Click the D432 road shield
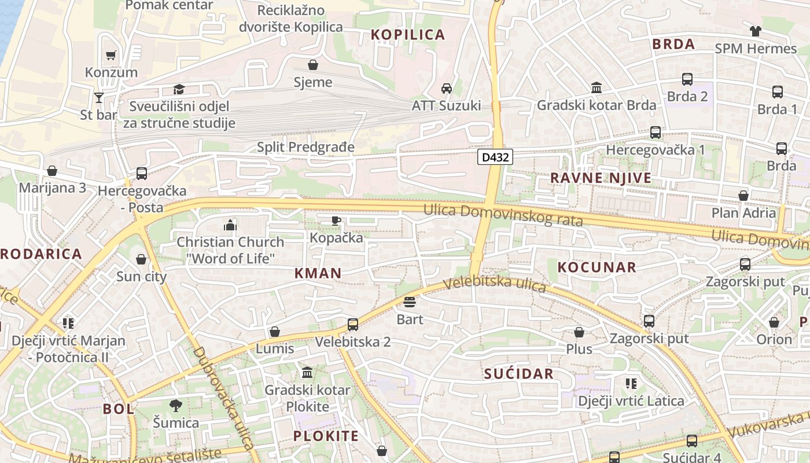pos(495,157)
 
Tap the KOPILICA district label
pos(408,35)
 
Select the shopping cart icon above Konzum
pos(111,56)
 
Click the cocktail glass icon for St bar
pos(99,97)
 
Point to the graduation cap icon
pos(179,90)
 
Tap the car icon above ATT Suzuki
pos(446,89)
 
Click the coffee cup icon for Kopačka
pos(336,221)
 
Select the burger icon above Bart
pos(410,302)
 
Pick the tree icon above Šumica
pos(176,405)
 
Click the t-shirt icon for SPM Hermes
pos(756,31)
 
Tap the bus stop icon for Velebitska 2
pos(353,324)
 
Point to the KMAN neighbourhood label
pos(318,273)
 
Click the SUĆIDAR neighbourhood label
pos(519,374)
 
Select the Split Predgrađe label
pos(305,147)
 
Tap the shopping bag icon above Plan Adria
pos(743,196)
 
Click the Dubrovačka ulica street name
pos(224,398)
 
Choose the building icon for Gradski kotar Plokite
pos(307,372)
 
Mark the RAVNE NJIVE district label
pos(601,178)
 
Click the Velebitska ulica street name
pos(495,284)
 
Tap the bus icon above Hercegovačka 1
pos(655,133)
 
